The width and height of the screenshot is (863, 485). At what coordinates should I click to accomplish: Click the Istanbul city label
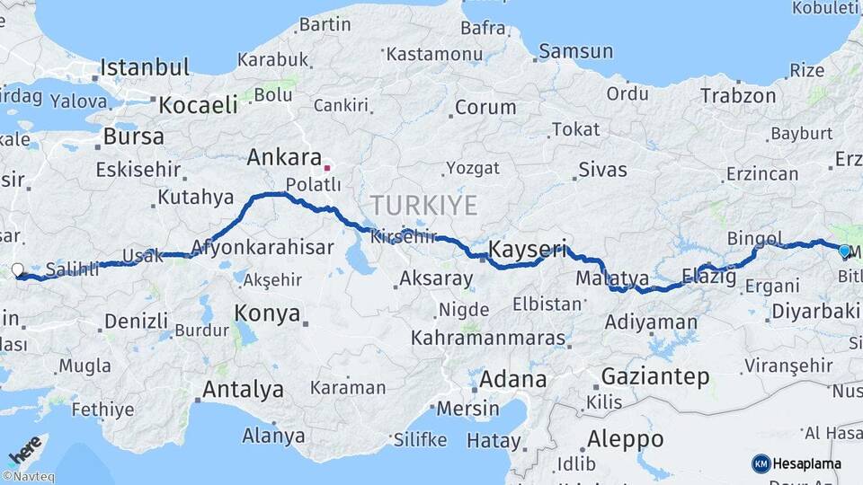145,67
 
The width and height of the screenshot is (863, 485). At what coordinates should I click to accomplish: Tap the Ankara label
278,158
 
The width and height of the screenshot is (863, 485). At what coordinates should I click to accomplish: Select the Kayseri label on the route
527,249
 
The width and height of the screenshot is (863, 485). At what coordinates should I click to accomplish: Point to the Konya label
267,313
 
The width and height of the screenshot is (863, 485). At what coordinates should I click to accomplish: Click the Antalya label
243,390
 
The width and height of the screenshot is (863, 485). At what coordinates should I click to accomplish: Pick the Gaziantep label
654,376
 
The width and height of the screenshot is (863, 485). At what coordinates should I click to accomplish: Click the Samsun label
575,52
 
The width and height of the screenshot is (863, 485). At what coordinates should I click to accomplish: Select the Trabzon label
738,96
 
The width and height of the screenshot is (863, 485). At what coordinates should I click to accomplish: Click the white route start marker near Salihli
18,269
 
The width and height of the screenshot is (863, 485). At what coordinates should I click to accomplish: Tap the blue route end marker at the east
845,251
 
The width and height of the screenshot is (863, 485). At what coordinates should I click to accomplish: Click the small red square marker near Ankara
327,167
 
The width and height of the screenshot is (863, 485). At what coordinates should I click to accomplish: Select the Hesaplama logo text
806,463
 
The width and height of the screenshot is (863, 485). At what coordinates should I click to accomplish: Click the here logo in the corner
24,449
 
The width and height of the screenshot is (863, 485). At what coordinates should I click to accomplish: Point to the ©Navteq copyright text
27,477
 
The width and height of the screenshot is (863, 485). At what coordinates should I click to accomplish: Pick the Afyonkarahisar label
262,249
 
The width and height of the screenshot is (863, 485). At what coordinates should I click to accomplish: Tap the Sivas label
602,169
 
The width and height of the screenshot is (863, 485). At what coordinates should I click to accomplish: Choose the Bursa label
133,137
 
